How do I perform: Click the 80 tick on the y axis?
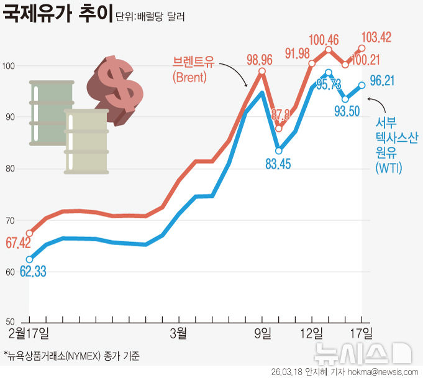(x=8, y=169)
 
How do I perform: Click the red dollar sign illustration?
(x=117, y=86)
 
